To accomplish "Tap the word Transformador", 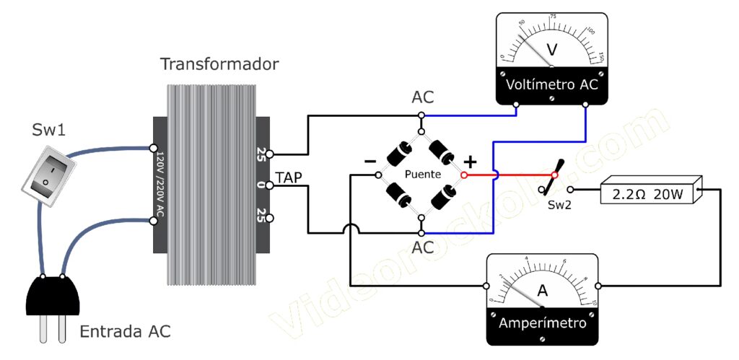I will click(219, 64).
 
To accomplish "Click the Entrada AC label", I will click(125, 332).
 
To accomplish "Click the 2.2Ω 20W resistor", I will click(652, 193).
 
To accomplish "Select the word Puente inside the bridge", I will click(423, 175).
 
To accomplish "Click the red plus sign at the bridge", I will click(470, 162).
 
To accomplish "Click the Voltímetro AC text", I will click(551, 84).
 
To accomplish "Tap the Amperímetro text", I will click(542, 322).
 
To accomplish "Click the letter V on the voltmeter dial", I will click(552, 50).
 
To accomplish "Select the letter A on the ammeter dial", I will click(542, 291).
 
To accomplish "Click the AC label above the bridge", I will click(424, 97).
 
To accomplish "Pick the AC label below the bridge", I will click(424, 247).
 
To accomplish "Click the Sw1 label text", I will click(48, 130).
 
